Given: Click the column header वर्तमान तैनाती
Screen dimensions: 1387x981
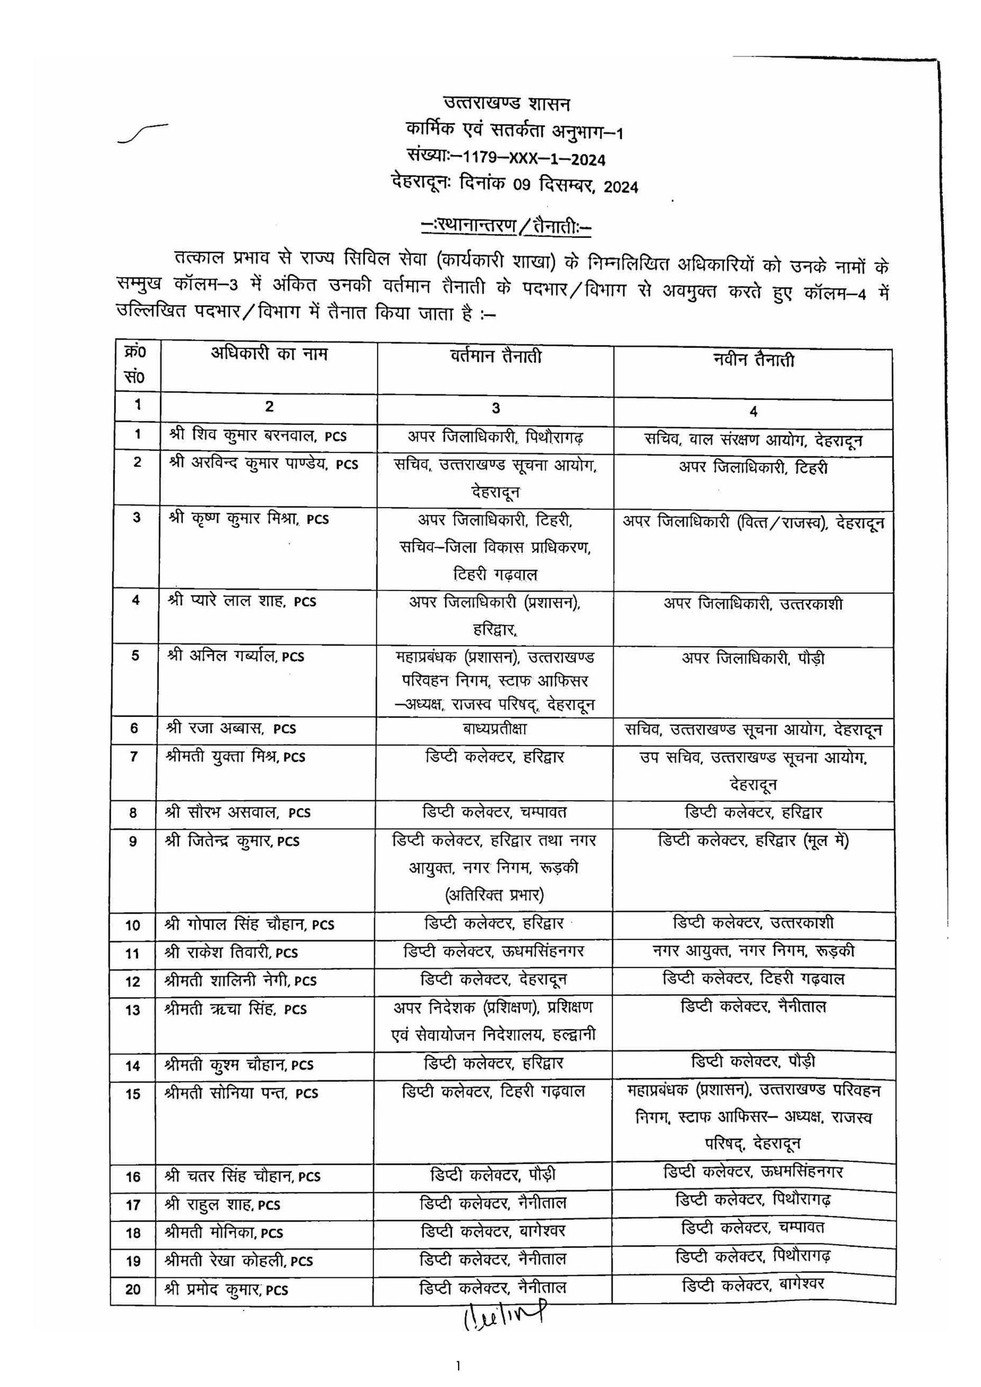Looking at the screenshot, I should (495, 356).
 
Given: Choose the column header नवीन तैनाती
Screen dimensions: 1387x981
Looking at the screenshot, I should (753, 360).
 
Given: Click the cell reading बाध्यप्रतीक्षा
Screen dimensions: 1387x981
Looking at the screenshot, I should (495, 728).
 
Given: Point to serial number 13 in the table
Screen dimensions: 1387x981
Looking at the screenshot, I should (133, 1010).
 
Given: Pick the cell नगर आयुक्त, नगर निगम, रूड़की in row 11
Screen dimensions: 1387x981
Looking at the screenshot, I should (754, 951).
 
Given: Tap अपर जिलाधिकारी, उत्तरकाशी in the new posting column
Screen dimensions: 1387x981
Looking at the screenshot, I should (753, 604).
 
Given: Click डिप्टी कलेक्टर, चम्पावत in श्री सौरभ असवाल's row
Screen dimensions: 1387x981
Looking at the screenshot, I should (495, 812).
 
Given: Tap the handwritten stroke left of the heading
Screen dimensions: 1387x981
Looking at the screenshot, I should (142, 131).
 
